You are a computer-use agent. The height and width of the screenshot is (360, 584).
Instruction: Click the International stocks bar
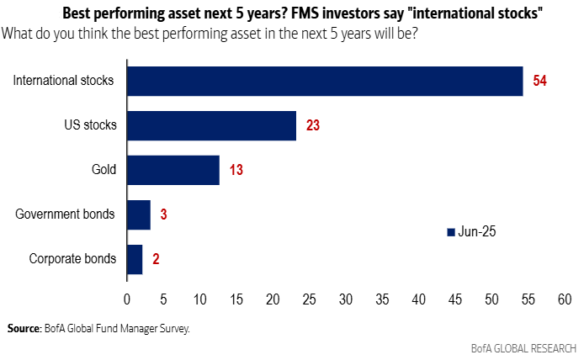pyautogui.click(x=324, y=82)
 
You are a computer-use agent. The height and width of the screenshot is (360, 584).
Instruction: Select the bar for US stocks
pyautogui.click(x=211, y=126)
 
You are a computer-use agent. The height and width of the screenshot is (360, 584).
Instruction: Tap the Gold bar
pyautogui.click(x=173, y=170)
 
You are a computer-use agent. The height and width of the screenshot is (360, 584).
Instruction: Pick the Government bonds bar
pyautogui.click(x=138, y=214)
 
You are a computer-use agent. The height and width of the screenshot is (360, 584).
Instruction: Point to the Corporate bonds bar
pyautogui.click(x=135, y=258)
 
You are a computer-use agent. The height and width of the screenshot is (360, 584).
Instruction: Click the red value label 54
pyautogui.click(x=540, y=82)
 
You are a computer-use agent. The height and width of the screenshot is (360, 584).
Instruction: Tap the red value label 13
pyautogui.click(x=236, y=171)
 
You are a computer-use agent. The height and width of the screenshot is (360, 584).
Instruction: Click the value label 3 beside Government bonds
pyautogui.click(x=163, y=214)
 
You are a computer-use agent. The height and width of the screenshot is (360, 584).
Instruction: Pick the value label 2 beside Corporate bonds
pyautogui.click(x=157, y=259)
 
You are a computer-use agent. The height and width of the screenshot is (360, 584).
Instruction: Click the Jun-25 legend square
pyautogui.click(x=449, y=231)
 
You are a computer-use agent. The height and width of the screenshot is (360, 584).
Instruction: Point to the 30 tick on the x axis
pyautogui.click(x=345, y=299)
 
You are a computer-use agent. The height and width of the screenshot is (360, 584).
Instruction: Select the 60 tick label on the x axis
pyautogui.click(x=564, y=299)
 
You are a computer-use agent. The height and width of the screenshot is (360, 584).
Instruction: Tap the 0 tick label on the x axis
pyautogui.click(x=126, y=299)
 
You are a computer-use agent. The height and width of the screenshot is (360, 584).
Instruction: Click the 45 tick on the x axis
pyautogui.click(x=454, y=299)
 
